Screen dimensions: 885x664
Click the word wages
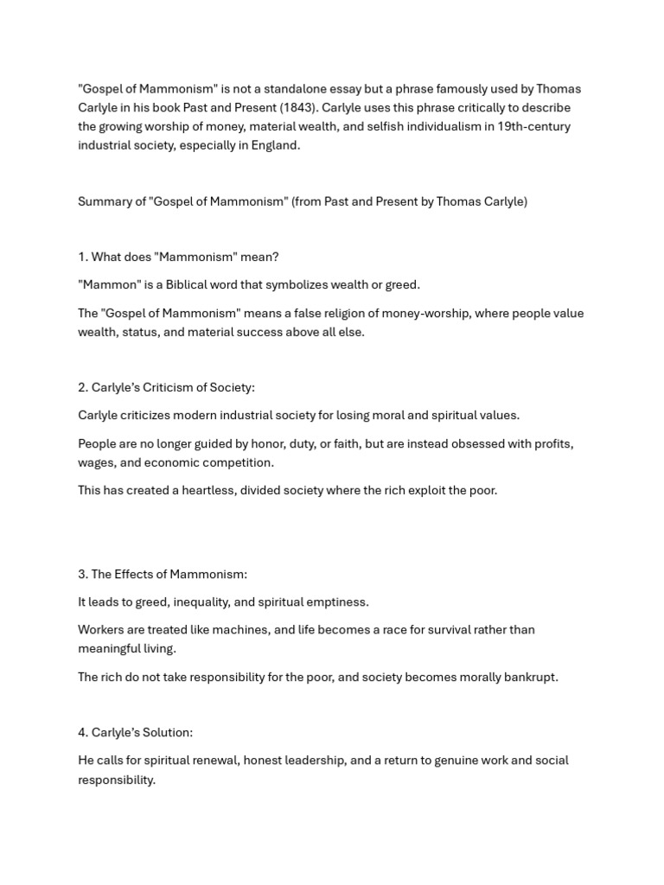tap(96, 462)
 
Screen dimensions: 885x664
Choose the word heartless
tap(206, 490)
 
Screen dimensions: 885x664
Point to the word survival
tap(444, 629)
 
